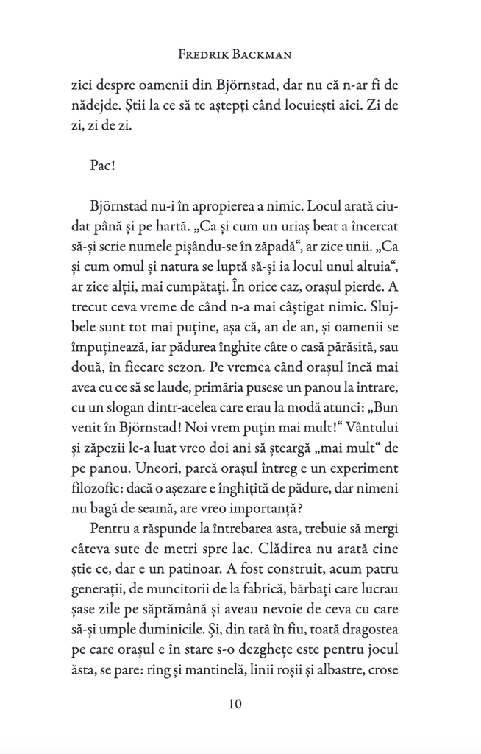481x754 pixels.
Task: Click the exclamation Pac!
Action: pos(103,163)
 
